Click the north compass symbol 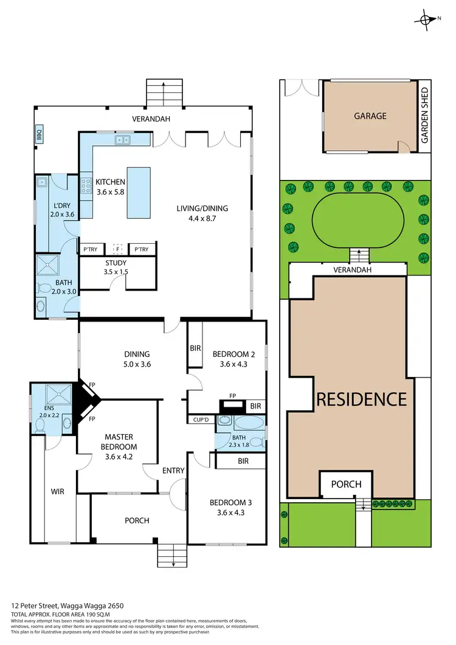tap(429, 19)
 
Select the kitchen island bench tap(139, 192)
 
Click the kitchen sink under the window tap(123, 140)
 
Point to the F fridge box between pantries tap(118, 249)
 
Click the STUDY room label tap(116, 263)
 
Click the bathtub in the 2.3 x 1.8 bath tap(249, 423)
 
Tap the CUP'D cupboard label tap(200, 419)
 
